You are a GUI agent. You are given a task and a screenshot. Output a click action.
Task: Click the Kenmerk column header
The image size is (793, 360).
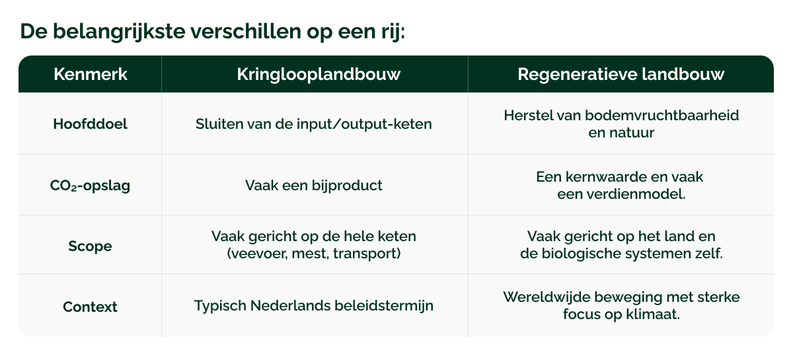(90, 74)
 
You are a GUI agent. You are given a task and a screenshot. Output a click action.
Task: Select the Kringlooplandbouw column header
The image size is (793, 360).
(319, 74)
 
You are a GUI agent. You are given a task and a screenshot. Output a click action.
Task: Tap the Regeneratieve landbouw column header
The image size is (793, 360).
(621, 74)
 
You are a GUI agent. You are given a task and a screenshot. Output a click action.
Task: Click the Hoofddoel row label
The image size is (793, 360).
(90, 124)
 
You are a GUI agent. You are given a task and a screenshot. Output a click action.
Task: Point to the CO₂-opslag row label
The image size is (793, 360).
(90, 185)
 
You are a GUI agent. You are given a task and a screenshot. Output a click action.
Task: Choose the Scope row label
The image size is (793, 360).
(90, 246)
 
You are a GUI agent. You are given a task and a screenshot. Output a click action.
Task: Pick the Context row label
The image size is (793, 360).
(90, 306)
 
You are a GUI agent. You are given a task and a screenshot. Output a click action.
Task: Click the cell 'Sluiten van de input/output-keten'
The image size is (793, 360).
(314, 124)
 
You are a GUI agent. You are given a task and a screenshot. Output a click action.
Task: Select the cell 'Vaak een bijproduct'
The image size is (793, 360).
(314, 185)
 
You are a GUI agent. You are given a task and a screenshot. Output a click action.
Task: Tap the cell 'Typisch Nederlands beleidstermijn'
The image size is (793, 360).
(314, 306)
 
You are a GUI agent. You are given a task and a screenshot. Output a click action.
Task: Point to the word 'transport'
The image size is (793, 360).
(371, 254)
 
